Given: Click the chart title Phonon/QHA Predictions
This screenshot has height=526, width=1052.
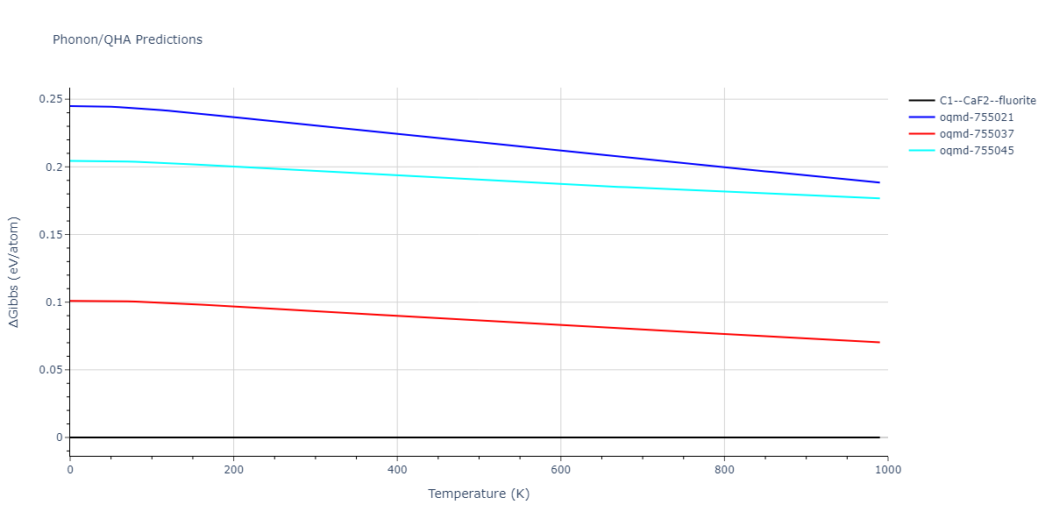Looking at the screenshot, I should [127, 39].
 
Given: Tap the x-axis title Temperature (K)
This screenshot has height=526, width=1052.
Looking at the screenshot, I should [479, 494].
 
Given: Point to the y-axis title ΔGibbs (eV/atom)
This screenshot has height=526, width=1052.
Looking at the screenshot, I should [15, 272].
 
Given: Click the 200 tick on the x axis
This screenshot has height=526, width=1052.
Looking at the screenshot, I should [233, 470].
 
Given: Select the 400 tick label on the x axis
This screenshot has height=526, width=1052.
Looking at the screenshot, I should [397, 470].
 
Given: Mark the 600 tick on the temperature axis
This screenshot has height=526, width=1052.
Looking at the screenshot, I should [560, 470].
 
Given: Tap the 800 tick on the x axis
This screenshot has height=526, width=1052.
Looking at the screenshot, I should [724, 470].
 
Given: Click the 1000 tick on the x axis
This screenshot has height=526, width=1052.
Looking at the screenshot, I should [887, 470].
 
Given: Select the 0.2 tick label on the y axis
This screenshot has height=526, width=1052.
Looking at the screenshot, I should [54, 167].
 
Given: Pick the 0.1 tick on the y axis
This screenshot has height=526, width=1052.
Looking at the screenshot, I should [54, 302].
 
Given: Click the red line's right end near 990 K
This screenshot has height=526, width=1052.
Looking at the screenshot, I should [879, 342].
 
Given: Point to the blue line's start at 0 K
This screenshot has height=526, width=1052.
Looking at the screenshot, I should [70, 106].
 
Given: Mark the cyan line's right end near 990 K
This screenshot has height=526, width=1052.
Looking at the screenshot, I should [879, 198].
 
